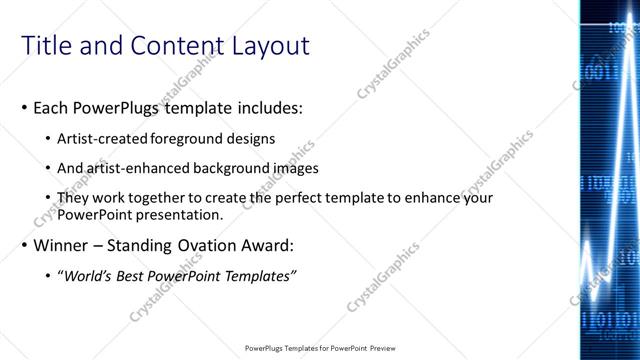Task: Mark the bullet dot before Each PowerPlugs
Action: (x=24, y=106)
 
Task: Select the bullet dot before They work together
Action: (x=50, y=199)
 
